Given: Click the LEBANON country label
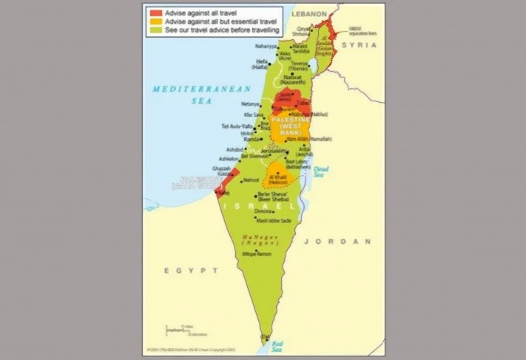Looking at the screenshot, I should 308,13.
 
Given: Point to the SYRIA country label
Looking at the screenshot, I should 359,45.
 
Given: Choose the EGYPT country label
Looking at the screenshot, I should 182,271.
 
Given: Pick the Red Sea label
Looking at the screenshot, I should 277,345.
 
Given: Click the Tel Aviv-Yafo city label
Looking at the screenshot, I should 237,126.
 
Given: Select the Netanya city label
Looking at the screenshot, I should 250,104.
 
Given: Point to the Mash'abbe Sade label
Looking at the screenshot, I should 274,220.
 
